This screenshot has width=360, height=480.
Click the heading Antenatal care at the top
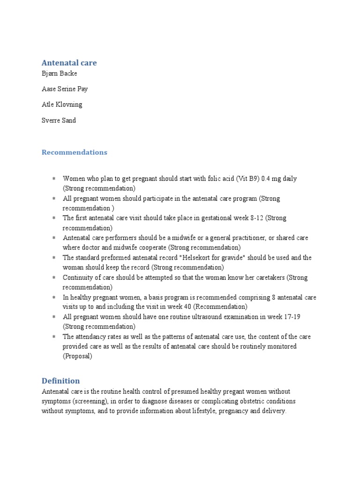69,63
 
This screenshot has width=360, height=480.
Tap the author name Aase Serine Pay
65,89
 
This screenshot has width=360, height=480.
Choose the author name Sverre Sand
59,120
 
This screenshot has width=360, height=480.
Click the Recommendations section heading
75,152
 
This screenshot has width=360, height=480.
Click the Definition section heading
61,381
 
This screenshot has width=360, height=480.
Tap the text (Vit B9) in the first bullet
245,179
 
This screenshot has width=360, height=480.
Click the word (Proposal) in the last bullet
78,356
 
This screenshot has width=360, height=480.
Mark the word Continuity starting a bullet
77,277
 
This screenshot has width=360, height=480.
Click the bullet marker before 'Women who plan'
54,179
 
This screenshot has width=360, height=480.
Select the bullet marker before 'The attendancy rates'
54,337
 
